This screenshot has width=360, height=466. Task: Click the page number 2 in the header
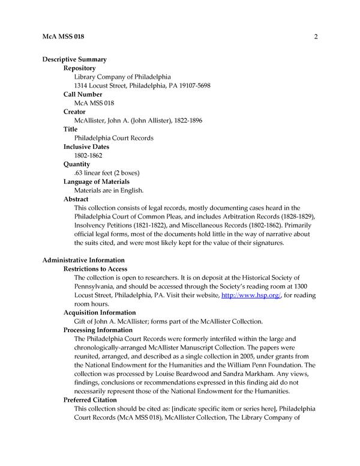[315, 37]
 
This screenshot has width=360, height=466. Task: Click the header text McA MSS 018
[64, 37]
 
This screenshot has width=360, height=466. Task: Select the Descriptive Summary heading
[74, 59]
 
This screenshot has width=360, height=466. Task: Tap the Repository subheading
[80, 68]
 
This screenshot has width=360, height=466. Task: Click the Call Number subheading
[83, 94]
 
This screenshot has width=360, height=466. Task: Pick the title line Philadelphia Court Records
[113, 138]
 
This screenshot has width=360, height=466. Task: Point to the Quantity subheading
[77, 165]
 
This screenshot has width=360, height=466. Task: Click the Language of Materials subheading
[97, 182]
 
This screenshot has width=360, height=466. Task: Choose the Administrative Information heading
[83, 261]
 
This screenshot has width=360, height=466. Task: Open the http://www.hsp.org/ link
[244, 295]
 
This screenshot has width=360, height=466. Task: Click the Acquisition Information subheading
[100, 313]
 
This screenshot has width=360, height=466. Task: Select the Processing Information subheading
[99, 330]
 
